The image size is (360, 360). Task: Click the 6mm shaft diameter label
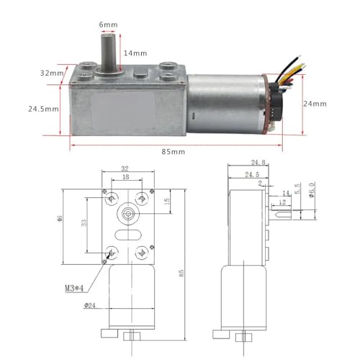(108, 24)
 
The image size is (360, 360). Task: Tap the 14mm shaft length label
(135, 53)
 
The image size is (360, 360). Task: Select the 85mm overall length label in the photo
(174, 152)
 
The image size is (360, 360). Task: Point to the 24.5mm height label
(43, 109)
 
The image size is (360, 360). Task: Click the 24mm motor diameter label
(315, 104)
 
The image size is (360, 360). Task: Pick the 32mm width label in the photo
(52, 73)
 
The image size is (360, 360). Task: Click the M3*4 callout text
(74, 288)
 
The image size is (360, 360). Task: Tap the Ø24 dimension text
(90, 305)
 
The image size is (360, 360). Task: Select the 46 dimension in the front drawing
(60, 219)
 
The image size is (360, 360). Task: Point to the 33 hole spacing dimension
(84, 223)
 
